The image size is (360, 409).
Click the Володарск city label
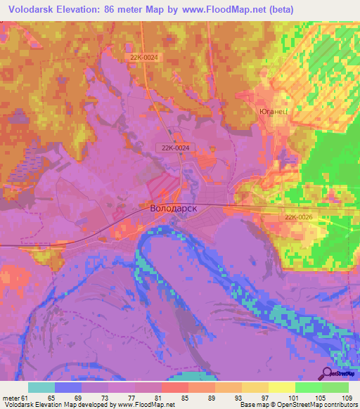point(173,208)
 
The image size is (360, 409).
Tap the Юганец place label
point(270,112)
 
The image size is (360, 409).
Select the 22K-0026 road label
point(299,218)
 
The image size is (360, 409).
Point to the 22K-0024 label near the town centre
point(173,148)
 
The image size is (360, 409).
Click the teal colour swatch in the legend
point(41,387)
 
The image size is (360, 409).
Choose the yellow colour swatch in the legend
point(281,387)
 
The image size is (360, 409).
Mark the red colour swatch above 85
point(174,387)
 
